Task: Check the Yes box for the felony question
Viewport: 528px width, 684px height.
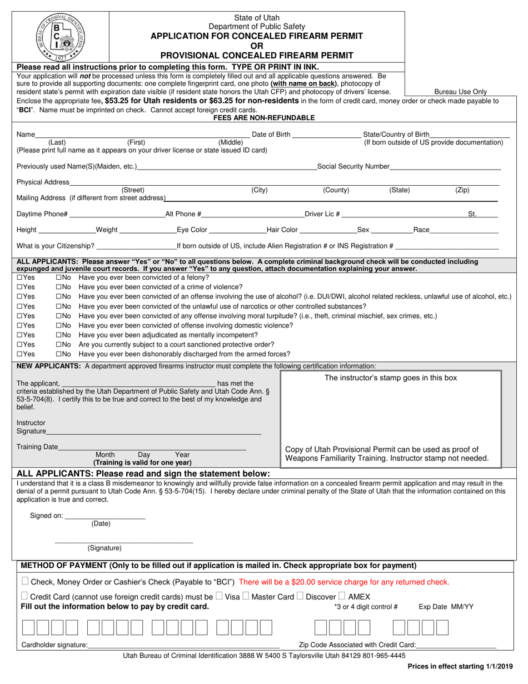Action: pos(20,277)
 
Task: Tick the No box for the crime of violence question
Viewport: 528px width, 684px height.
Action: pos(59,287)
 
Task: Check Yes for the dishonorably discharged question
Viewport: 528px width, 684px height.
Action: pos(20,354)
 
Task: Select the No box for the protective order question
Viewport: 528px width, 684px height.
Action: pos(59,344)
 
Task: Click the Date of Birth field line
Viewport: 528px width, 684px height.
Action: pos(326,135)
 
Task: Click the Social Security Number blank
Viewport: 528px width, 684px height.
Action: pos(445,167)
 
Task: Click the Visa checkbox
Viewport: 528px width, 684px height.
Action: pos(220,596)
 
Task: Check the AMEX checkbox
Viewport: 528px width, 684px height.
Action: pos(342,596)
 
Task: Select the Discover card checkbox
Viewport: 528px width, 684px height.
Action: pos(300,596)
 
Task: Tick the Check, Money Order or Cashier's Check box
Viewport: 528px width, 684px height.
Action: pos(25,582)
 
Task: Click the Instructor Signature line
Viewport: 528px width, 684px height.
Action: pos(153,432)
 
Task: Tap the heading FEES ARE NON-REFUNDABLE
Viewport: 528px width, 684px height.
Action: pos(264,118)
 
